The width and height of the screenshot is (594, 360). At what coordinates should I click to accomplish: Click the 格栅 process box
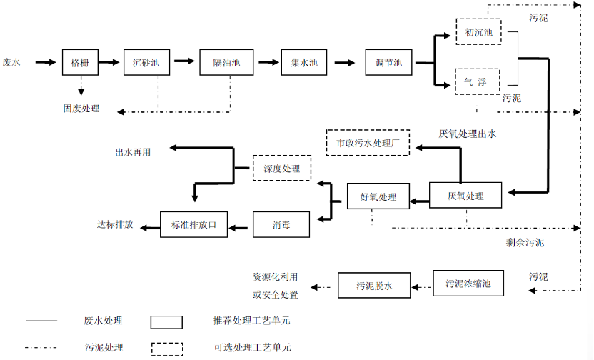79,63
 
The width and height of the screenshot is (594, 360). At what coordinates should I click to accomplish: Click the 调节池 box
388,63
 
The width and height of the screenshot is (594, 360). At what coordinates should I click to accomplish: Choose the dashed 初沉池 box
478,32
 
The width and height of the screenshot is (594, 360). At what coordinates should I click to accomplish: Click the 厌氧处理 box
465,196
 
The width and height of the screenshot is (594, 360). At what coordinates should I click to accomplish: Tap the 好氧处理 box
378,197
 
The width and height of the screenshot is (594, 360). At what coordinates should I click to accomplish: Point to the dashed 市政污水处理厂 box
368,143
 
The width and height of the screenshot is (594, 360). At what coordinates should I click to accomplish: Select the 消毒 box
281,224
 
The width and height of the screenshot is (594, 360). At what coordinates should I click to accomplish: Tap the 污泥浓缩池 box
468,284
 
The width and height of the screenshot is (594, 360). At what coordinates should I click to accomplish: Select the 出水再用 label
134,152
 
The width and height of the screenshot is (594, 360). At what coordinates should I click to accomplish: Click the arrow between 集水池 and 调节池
345,63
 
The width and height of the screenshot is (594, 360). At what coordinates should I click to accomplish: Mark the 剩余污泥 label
525,242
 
